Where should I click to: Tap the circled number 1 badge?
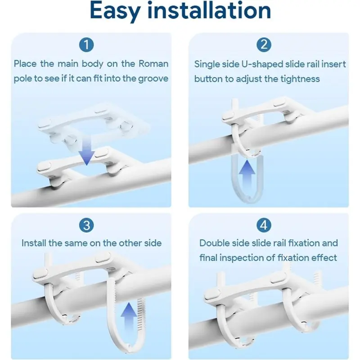click(86, 45)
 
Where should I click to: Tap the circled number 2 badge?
click(264, 45)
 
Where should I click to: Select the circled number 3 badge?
click(86, 225)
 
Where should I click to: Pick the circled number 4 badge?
click(264, 225)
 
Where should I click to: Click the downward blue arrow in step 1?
click(86, 150)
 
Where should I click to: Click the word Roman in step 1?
click(153, 64)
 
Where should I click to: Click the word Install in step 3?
click(34, 243)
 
